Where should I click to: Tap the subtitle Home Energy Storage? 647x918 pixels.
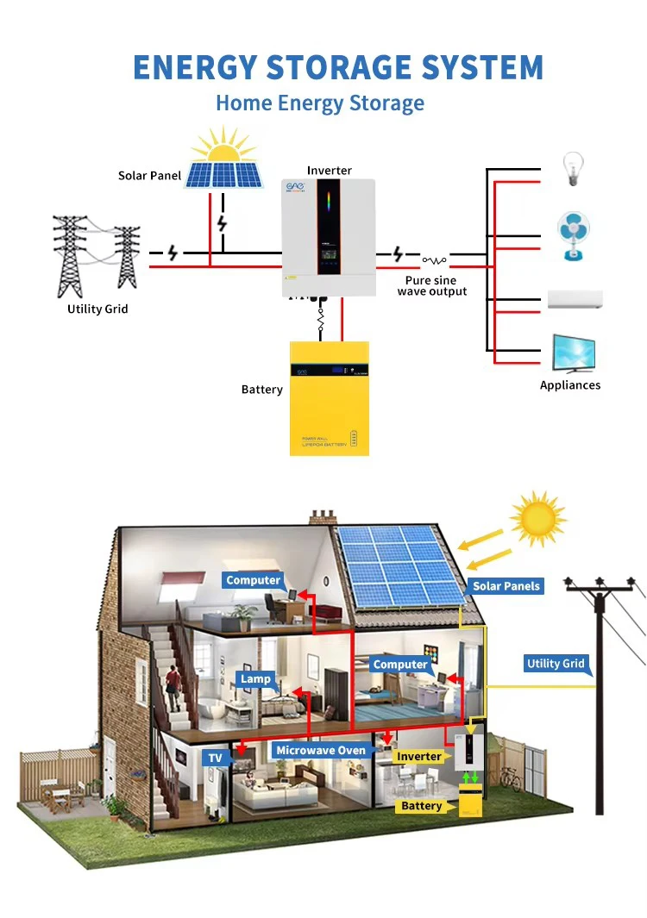click(320, 103)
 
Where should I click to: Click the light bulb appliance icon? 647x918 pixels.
click(572, 169)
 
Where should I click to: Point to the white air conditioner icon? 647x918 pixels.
click(575, 300)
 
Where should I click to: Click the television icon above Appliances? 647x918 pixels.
click(574, 353)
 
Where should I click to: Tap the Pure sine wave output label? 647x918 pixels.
click(431, 286)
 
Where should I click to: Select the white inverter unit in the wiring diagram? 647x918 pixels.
click(329, 237)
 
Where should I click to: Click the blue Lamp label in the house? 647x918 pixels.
click(255, 679)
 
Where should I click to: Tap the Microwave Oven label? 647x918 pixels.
click(321, 751)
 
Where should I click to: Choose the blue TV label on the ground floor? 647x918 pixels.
click(216, 759)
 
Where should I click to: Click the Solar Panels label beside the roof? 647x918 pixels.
click(506, 586)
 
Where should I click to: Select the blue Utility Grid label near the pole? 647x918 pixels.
click(556, 664)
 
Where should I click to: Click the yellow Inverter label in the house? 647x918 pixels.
click(419, 757)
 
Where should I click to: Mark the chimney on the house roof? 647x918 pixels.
click(323, 516)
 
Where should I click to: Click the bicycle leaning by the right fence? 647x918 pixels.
click(510, 779)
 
